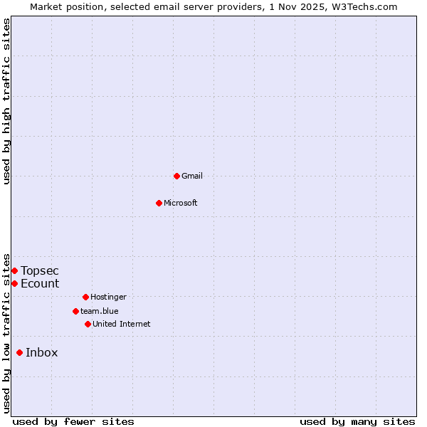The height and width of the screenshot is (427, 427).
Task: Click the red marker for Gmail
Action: click(176, 176)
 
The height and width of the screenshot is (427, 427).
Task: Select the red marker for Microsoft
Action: click(159, 203)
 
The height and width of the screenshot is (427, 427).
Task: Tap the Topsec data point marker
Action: click(14, 270)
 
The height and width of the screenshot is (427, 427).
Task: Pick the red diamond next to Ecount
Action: click(14, 283)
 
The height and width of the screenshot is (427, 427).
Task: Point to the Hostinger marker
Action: click(85, 297)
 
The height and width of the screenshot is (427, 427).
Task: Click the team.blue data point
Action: click(75, 311)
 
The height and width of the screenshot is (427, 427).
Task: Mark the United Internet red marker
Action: click(88, 324)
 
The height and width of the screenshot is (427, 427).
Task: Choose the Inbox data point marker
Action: click(19, 352)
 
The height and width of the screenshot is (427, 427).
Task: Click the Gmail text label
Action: click(192, 176)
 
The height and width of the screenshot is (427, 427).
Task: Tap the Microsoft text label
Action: click(181, 203)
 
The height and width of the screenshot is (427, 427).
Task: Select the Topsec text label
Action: click(40, 270)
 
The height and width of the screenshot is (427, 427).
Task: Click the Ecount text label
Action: click(40, 283)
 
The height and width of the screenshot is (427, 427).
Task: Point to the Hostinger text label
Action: click(108, 297)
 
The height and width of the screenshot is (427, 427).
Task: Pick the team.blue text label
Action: click(100, 311)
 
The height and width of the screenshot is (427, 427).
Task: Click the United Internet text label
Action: click(122, 324)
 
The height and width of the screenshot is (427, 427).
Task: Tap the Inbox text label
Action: click(42, 352)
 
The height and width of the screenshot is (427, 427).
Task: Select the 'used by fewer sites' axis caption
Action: click(73, 421)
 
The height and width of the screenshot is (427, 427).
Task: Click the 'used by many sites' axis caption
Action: click(357, 421)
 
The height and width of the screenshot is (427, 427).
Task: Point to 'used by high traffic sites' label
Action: click(6, 102)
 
